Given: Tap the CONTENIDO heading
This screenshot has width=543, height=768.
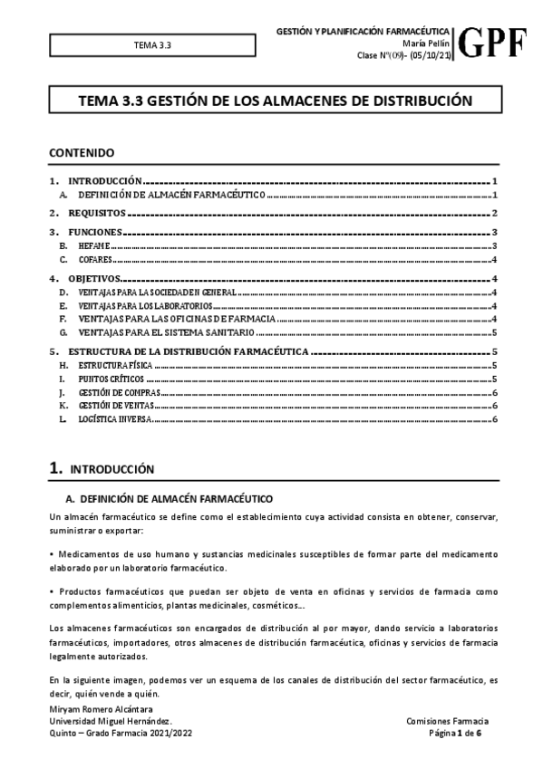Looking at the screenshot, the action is (x=81, y=153).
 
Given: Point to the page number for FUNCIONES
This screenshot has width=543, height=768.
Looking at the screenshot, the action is (x=496, y=234).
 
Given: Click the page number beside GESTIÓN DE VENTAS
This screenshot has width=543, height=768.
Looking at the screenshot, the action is (x=496, y=407).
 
